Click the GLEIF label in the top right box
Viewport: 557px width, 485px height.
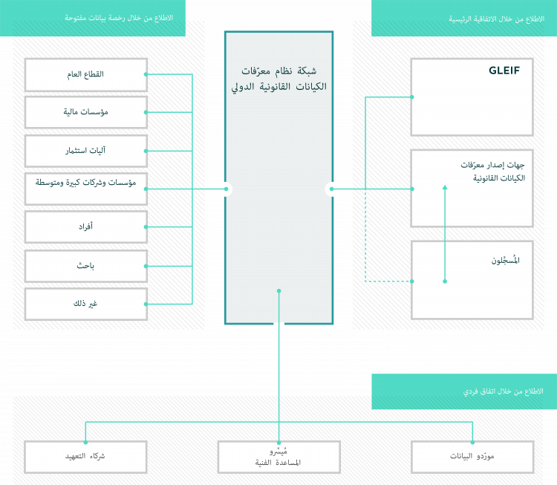click(x=504, y=71)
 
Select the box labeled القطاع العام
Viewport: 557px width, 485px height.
click(x=86, y=74)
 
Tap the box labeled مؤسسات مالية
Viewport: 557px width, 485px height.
click(x=86, y=112)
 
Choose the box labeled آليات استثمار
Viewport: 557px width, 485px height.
click(x=86, y=151)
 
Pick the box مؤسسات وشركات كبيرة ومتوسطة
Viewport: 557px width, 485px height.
click(x=86, y=189)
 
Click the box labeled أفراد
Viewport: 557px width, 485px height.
click(x=86, y=227)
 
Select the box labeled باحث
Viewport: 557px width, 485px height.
click(x=86, y=265)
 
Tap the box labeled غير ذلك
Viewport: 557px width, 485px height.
click(x=86, y=304)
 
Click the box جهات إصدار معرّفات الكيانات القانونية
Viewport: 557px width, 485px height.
click(x=472, y=189)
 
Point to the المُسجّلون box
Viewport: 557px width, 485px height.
click(x=472, y=279)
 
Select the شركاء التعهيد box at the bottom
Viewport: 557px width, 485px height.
click(x=85, y=456)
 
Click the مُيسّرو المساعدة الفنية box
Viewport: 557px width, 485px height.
click(x=278, y=457)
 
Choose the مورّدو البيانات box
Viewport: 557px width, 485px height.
click(x=472, y=456)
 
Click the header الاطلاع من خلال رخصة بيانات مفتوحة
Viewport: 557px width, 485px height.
click(x=92, y=18)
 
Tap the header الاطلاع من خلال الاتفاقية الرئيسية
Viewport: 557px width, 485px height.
click(x=464, y=18)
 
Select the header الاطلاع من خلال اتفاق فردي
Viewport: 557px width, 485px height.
click(x=464, y=391)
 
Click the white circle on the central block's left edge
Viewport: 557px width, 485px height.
click(x=226, y=189)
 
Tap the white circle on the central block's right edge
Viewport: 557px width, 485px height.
click(x=332, y=189)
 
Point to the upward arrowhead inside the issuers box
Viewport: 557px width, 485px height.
click(x=445, y=189)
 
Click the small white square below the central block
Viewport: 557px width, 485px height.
click(x=278, y=325)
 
